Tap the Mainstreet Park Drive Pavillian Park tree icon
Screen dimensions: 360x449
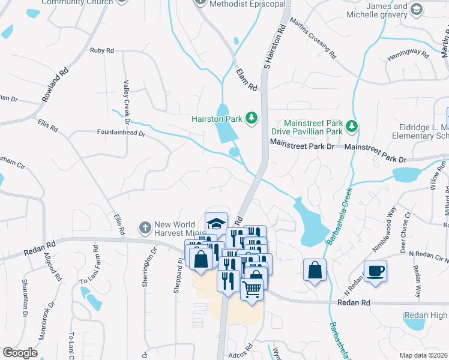pos(352,126)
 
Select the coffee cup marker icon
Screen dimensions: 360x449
pos(375,271)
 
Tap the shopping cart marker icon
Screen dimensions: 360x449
pos(252,290)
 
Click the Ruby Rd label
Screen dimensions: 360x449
pos(102,51)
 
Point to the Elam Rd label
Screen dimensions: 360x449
pos(247,80)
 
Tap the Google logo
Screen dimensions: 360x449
pos(20,353)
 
